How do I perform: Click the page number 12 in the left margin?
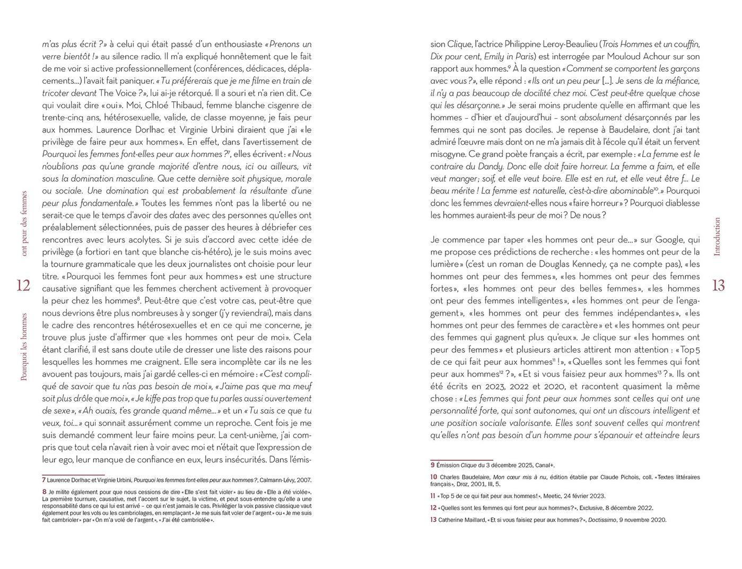click(x=23, y=285)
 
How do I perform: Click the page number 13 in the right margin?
click(x=718, y=285)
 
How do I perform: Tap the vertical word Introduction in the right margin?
click(x=717, y=237)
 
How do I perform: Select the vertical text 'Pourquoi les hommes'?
click(x=23, y=347)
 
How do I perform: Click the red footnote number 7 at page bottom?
click(x=43, y=479)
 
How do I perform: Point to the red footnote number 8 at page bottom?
click(x=44, y=492)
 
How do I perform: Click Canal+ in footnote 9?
click(x=545, y=465)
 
